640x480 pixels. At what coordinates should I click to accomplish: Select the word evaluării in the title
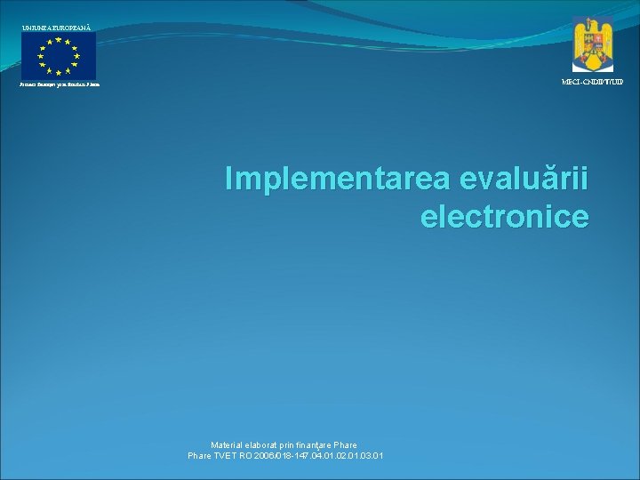click(524, 179)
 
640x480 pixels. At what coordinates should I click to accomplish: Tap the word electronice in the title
click(504, 216)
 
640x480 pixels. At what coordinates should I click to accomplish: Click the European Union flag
click(59, 56)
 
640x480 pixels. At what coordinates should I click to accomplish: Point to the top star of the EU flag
click(59, 40)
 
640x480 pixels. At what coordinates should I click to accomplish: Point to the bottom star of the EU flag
click(59, 73)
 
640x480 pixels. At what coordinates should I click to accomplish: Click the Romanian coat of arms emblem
click(592, 44)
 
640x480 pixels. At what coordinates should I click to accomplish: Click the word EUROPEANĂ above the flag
click(76, 28)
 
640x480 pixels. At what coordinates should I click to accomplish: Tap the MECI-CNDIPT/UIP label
click(592, 82)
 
